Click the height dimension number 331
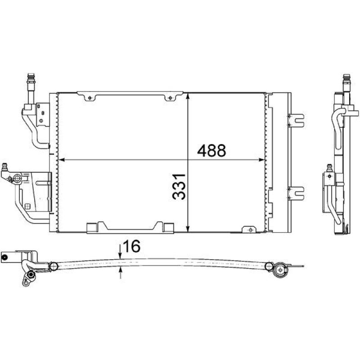[x=180, y=186]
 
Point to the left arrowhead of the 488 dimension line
[x=62, y=160]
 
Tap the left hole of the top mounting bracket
[x=89, y=98]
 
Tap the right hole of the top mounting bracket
[x=170, y=98]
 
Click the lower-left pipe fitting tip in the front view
[x=5, y=166]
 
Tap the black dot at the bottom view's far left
[x=4, y=257]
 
